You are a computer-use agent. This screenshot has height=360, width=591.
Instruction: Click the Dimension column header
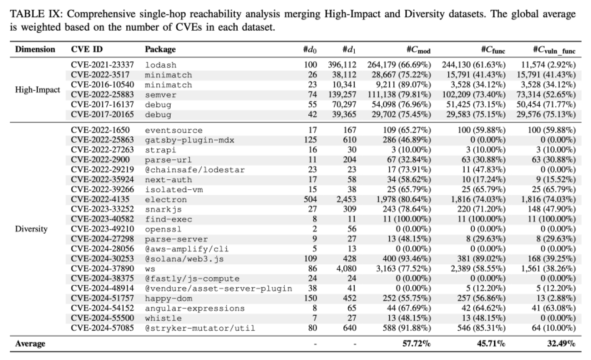click(x=35, y=49)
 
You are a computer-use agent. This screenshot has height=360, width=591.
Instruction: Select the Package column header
click(x=160, y=49)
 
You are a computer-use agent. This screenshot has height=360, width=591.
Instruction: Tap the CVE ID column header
click(x=87, y=49)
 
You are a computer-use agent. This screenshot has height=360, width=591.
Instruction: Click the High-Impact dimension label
click(x=37, y=90)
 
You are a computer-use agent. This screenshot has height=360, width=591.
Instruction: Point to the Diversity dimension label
click(x=31, y=229)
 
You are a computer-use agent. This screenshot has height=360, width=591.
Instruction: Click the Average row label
click(x=30, y=344)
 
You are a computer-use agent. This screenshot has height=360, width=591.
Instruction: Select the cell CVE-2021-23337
click(x=102, y=65)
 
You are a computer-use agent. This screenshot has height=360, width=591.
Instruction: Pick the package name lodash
click(x=161, y=65)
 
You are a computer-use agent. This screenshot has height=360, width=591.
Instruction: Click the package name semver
click(x=161, y=95)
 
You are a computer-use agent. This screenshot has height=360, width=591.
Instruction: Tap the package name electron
click(x=166, y=199)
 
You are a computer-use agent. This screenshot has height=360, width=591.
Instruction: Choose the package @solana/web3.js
click(x=184, y=259)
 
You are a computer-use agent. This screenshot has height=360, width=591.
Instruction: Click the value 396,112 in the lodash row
click(x=342, y=65)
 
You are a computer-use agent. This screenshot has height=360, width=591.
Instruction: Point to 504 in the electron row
click(x=310, y=199)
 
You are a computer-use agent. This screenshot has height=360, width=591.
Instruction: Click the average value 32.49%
click(x=561, y=344)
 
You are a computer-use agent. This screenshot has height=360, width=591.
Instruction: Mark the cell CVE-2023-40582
click(x=102, y=219)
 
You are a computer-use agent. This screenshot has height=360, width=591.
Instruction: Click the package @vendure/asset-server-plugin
click(x=218, y=288)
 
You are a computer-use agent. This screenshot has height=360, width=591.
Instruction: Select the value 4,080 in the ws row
click(x=346, y=269)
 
